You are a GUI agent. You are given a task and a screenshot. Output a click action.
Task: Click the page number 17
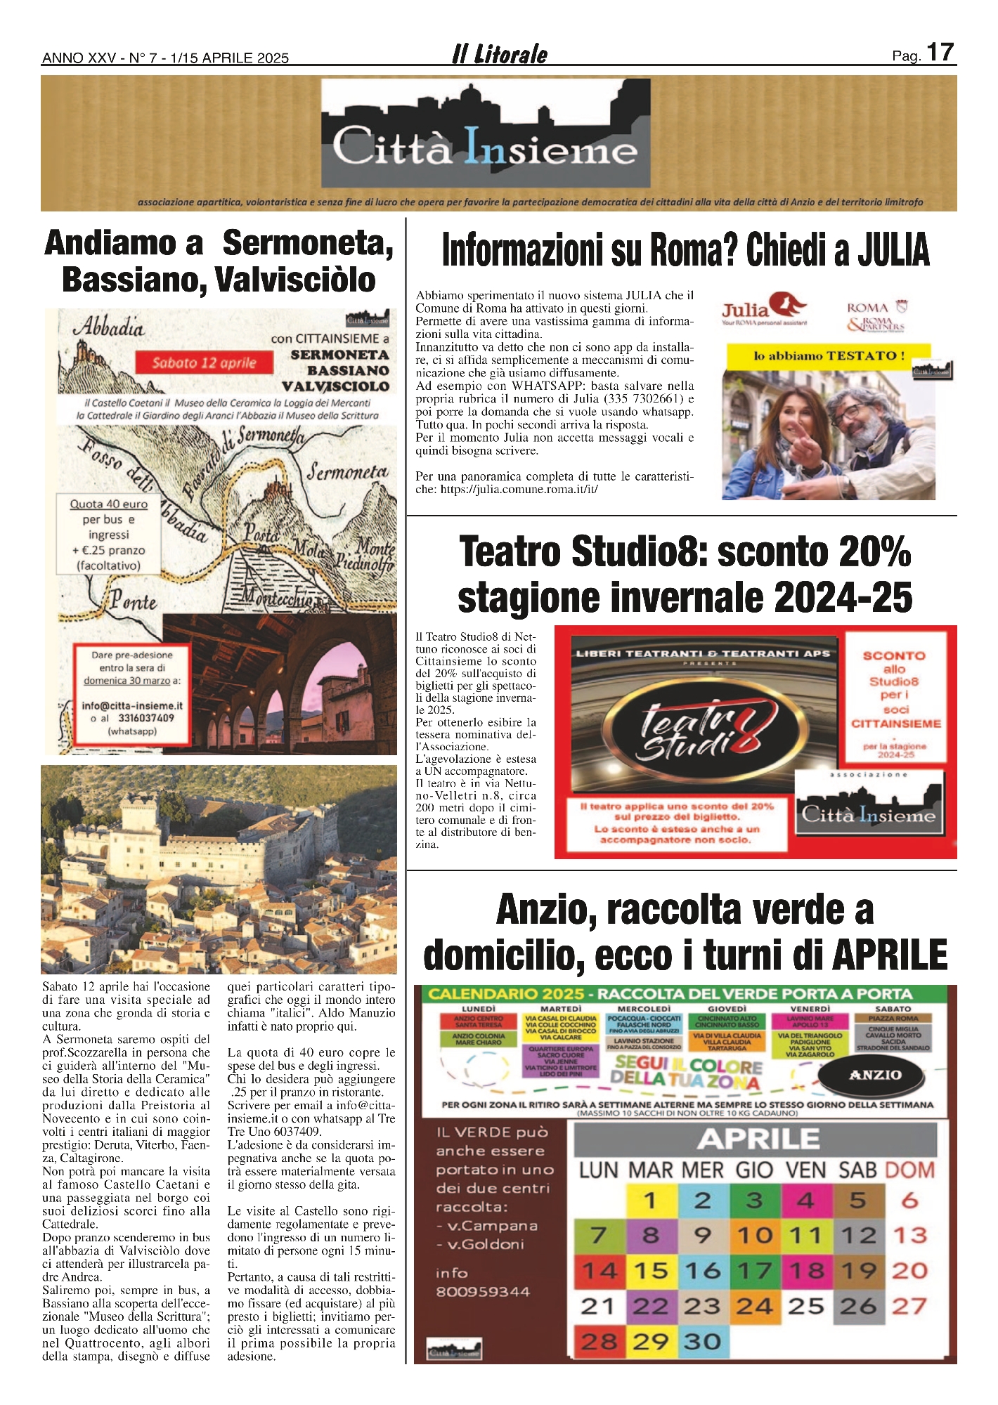[x=940, y=53]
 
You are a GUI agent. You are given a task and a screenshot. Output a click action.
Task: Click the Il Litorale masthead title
[x=499, y=54]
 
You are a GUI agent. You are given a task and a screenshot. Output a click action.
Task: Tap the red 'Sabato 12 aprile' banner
[x=205, y=362]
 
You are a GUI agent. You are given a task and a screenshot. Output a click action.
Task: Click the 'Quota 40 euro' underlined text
[x=109, y=504]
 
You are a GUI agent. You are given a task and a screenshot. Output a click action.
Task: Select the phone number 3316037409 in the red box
[x=145, y=718]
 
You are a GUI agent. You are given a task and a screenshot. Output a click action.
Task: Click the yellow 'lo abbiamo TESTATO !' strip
[x=829, y=355]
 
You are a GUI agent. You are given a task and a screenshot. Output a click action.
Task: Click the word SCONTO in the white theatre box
[x=894, y=655]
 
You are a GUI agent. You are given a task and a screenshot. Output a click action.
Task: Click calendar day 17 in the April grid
[x=754, y=1270]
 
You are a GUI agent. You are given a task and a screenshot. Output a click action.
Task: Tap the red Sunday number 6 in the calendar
[x=910, y=1200]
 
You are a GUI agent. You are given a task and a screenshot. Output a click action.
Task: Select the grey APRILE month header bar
[x=756, y=1139]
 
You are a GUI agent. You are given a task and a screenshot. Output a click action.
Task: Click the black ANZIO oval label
[x=874, y=1075]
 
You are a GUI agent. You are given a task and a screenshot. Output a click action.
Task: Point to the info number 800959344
[x=483, y=1291]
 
